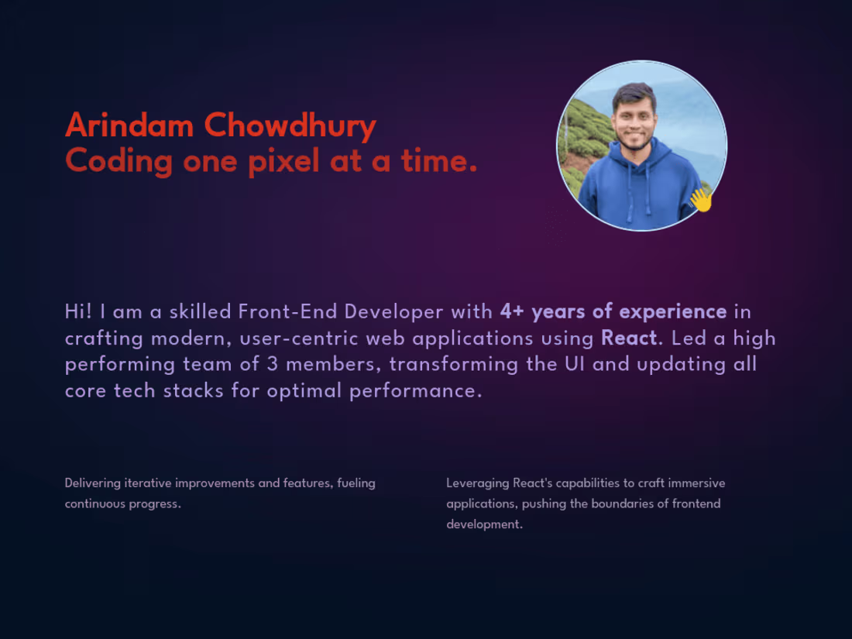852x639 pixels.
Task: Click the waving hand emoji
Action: [x=701, y=199]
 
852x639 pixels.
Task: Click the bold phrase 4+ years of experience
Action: [x=613, y=311]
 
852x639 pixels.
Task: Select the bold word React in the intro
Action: [x=628, y=338]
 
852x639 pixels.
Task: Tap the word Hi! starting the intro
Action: [x=79, y=311]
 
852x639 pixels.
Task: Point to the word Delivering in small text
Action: [x=93, y=483]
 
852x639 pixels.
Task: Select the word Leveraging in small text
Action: [x=478, y=483]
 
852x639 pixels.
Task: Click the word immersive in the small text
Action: [x=698, y=483]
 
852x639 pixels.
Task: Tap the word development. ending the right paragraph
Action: [x=484, y=524]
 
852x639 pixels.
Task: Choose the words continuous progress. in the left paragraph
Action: [x=122, y=504]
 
